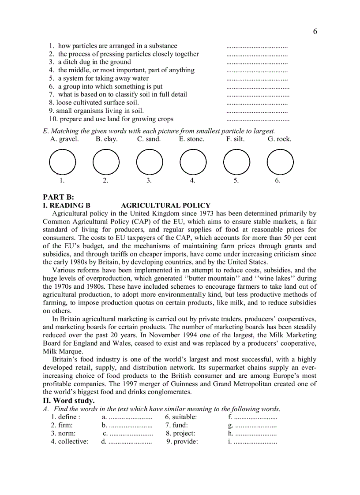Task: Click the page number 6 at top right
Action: coord(315,31)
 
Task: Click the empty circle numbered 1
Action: coord(62,162)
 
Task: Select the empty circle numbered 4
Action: coord(193,162)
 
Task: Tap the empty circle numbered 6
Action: coord(280,162)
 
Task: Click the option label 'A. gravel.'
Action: coord(64,139)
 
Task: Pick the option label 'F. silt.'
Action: coord(235,139)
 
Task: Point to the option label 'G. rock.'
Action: coord(279,139)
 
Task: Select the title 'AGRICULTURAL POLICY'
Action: coord(165,205)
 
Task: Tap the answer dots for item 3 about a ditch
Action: coord(257,62)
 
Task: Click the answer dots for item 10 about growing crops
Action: coord(258,119)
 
